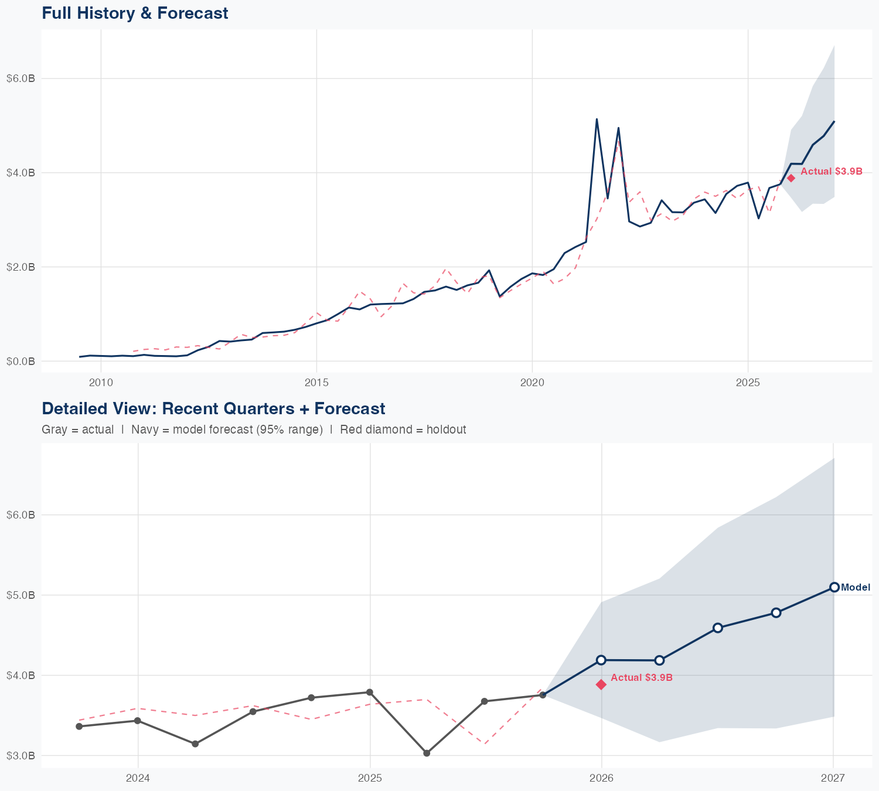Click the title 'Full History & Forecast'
pos(135,13)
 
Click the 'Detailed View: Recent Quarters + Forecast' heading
pos(213,408)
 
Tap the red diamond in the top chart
pos(791,178)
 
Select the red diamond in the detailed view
pos(601,684)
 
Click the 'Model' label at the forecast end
pos(856,588)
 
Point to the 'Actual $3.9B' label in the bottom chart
pos(642,677)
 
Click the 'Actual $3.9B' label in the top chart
pos(832,171)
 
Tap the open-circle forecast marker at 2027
pos(834,587)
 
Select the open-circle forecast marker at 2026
pos(601,660)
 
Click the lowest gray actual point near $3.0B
pos(427,753)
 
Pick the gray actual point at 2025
pos(370,693)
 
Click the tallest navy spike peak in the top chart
pos(597,119)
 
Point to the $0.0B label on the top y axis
pos(21,361)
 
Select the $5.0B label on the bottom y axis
pos(21,595)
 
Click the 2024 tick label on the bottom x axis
pos(138,778)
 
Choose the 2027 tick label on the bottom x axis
pos(833,778)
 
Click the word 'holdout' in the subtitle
pos(446,429)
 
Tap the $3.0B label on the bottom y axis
pos(21,756)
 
